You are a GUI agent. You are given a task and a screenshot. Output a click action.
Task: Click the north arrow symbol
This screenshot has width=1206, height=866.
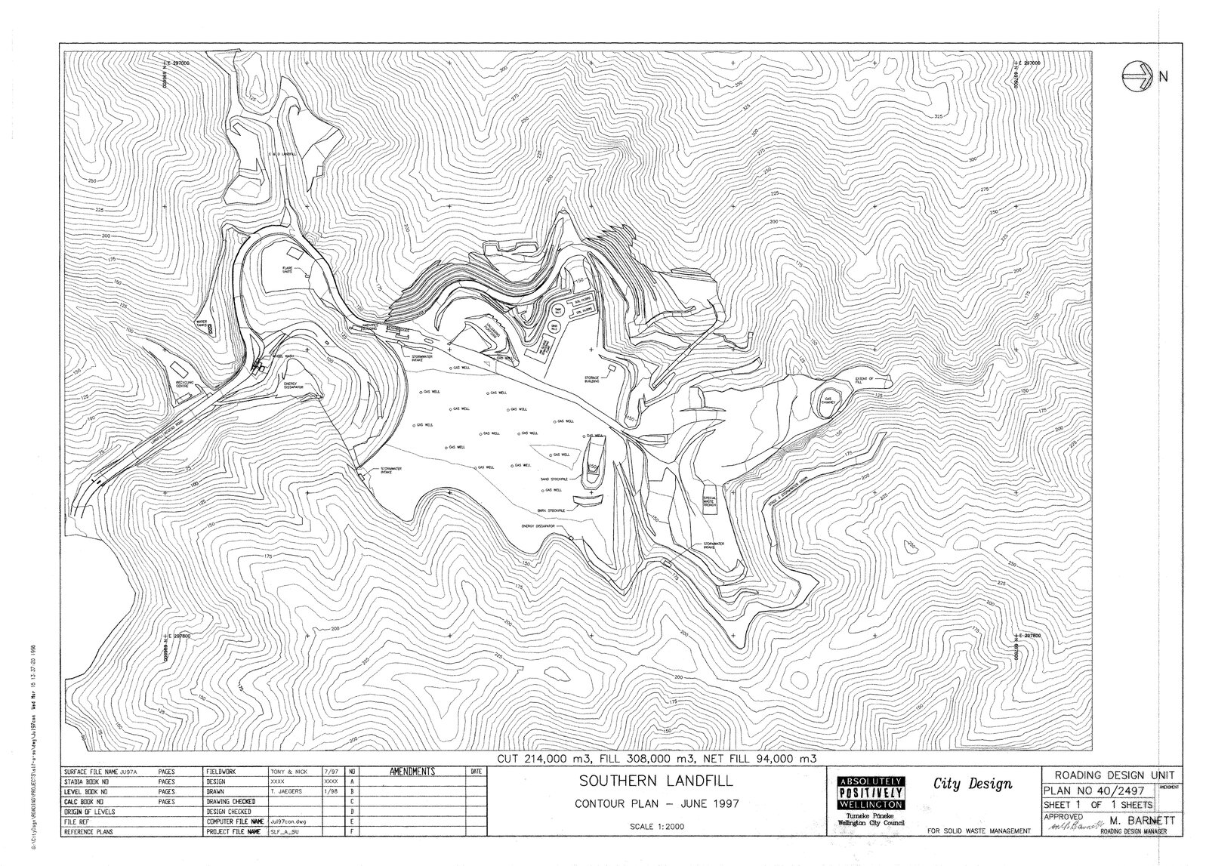click(x=1136, y=76)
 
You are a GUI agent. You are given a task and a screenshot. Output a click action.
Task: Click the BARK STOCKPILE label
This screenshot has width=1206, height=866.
click(x=553, y=510)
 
